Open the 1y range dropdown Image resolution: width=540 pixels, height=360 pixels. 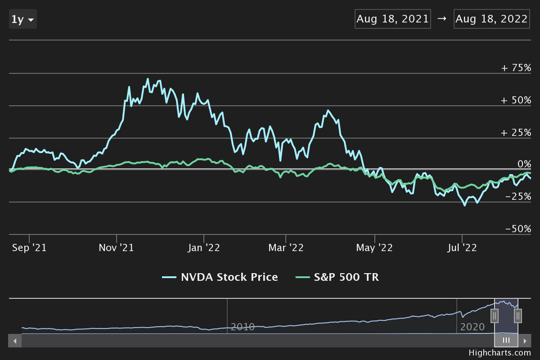(22, 19)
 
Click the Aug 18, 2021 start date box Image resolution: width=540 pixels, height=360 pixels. (393, 19)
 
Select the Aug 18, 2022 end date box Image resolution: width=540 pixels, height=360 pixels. (491, 19)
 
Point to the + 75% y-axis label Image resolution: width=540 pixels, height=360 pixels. (516, 68)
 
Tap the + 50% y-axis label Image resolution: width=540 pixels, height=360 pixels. (516, 100)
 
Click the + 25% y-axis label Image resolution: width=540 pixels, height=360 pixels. (516, 132)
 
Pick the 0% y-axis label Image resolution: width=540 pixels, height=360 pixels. (524, 164)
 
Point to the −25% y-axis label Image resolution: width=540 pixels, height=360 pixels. (518, 197)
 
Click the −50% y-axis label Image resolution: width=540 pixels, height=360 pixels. (518, 229)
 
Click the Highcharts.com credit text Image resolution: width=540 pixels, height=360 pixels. (499, 353)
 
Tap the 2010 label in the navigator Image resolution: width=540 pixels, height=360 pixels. (243, 327)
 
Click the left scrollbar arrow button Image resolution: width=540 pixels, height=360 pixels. (15, 341)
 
